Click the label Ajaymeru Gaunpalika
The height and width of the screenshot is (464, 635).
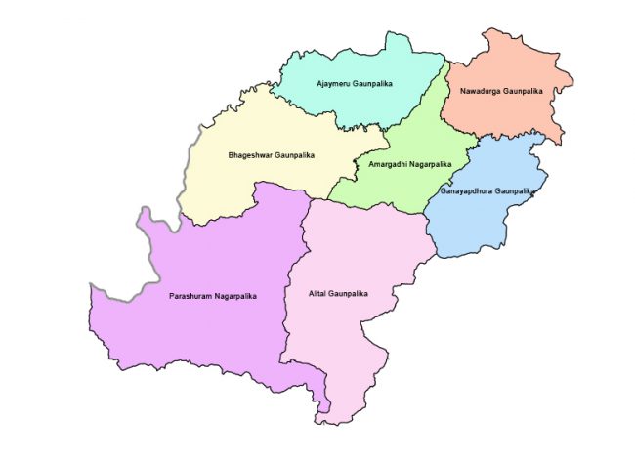[359, 84]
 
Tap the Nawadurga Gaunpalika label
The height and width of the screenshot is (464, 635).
[500, 92]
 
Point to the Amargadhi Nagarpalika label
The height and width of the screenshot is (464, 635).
[409, 164]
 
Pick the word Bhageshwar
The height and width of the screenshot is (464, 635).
[250, 155]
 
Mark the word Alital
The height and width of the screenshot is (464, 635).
[318, 293]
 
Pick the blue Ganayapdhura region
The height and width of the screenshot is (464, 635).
[479, 225]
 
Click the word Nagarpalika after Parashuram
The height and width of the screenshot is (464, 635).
[236, 295]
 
